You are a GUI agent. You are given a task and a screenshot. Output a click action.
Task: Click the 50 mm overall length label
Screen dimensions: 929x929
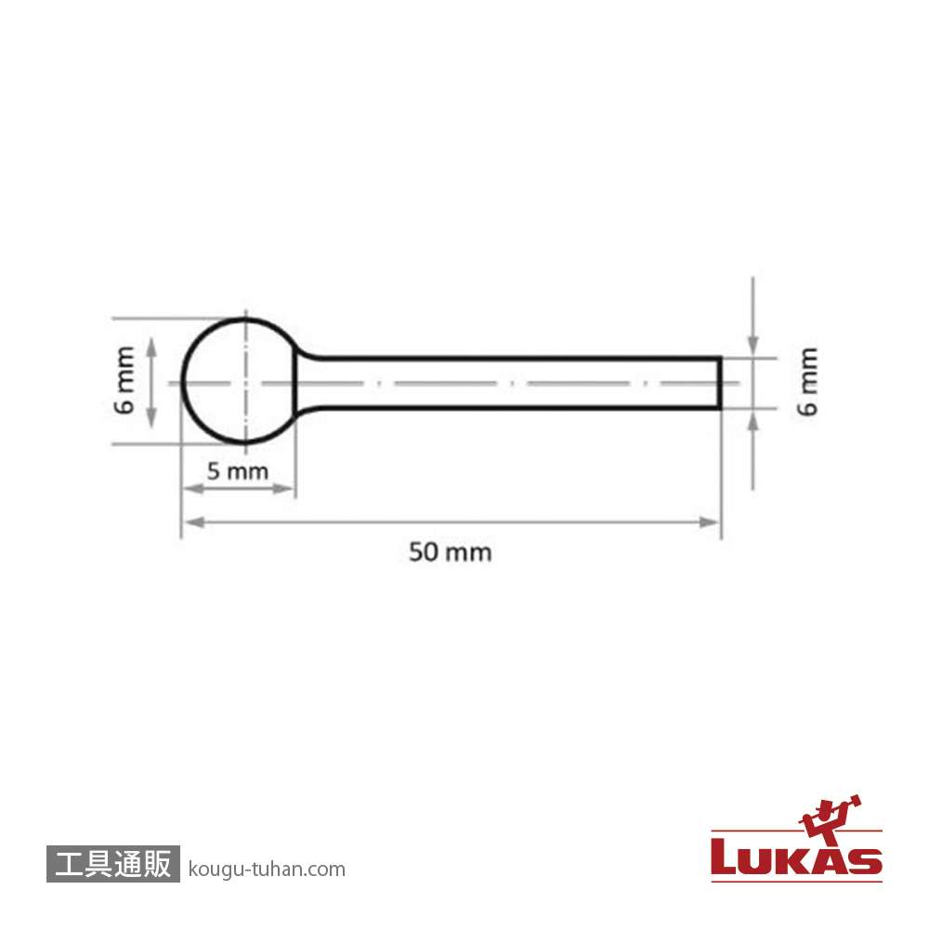(x=451, y=552)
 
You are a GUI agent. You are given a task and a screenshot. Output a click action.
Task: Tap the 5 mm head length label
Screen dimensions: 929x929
(x=238, y=472)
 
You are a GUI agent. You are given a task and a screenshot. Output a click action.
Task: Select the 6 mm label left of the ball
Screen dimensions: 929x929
(x=124, y=380)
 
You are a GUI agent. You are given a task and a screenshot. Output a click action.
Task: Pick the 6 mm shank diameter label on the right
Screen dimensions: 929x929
(x=807, y=382)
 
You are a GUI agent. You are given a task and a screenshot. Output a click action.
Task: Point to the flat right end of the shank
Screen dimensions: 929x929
(x=721, y=384)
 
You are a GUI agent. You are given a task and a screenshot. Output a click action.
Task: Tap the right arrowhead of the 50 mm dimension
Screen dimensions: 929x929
(x=709, y=522)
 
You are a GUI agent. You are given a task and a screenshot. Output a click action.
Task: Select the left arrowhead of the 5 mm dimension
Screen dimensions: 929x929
(x=194, y=489)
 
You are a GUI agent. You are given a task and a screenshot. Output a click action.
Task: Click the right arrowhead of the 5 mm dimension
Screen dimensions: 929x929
(x=282, y=489)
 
